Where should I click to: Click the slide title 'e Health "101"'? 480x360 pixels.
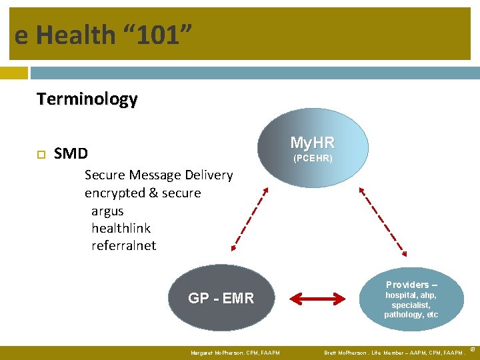pos(104,35)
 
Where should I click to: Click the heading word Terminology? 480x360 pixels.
pos(87,99)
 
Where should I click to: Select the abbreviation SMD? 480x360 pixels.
pos(71,154)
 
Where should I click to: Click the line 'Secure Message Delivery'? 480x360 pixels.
pos(159,175)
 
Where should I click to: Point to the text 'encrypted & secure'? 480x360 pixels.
pos(143,193)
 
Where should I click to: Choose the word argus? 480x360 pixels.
pos(107,211)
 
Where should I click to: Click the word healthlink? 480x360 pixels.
pos(121,228)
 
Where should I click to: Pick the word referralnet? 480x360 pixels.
pos(123,245)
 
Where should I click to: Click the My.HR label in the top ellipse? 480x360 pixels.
pos(312,143)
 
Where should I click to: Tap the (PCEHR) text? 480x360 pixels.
pos(313,159)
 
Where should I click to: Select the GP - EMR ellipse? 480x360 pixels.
pos(221,299)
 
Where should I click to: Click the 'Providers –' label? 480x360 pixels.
pos(411,285)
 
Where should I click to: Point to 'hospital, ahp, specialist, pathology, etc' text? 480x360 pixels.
pos(411,305)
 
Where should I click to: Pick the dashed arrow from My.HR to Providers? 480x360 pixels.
pos(383,220)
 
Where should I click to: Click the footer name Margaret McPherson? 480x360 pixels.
pos(235,353)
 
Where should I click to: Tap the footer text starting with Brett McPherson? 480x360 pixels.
pos(393,353)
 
